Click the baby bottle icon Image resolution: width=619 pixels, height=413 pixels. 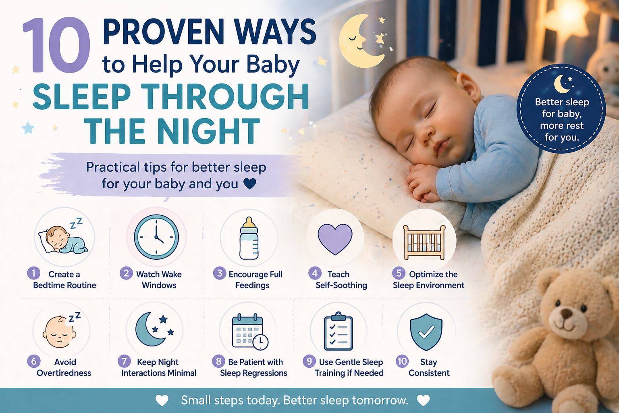pyautogui.click(x=249, y=238)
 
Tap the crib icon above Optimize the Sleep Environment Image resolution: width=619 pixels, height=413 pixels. pyautogui.click(x=424, y=242)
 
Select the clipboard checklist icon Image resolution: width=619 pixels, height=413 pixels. pyautogui.click(x=339, y=332)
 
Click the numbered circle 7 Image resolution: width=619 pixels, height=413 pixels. pyautogui.click(x=124, y=361)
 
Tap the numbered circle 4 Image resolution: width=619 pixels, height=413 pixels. pyautogui.click(x=314, y=273)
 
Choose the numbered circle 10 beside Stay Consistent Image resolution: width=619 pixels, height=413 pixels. pyautogui.click(x=402, y=361)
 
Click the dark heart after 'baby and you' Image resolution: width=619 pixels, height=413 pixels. pyautogui.click(x=250, y=184)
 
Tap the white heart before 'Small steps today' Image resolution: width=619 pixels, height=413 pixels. pyautogui.click(x=162, y=400)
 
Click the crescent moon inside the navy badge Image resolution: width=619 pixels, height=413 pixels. pyautogui.click(x=561, y=84)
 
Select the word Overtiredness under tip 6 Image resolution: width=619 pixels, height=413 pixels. pyautogui.click(x=64, y=373)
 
